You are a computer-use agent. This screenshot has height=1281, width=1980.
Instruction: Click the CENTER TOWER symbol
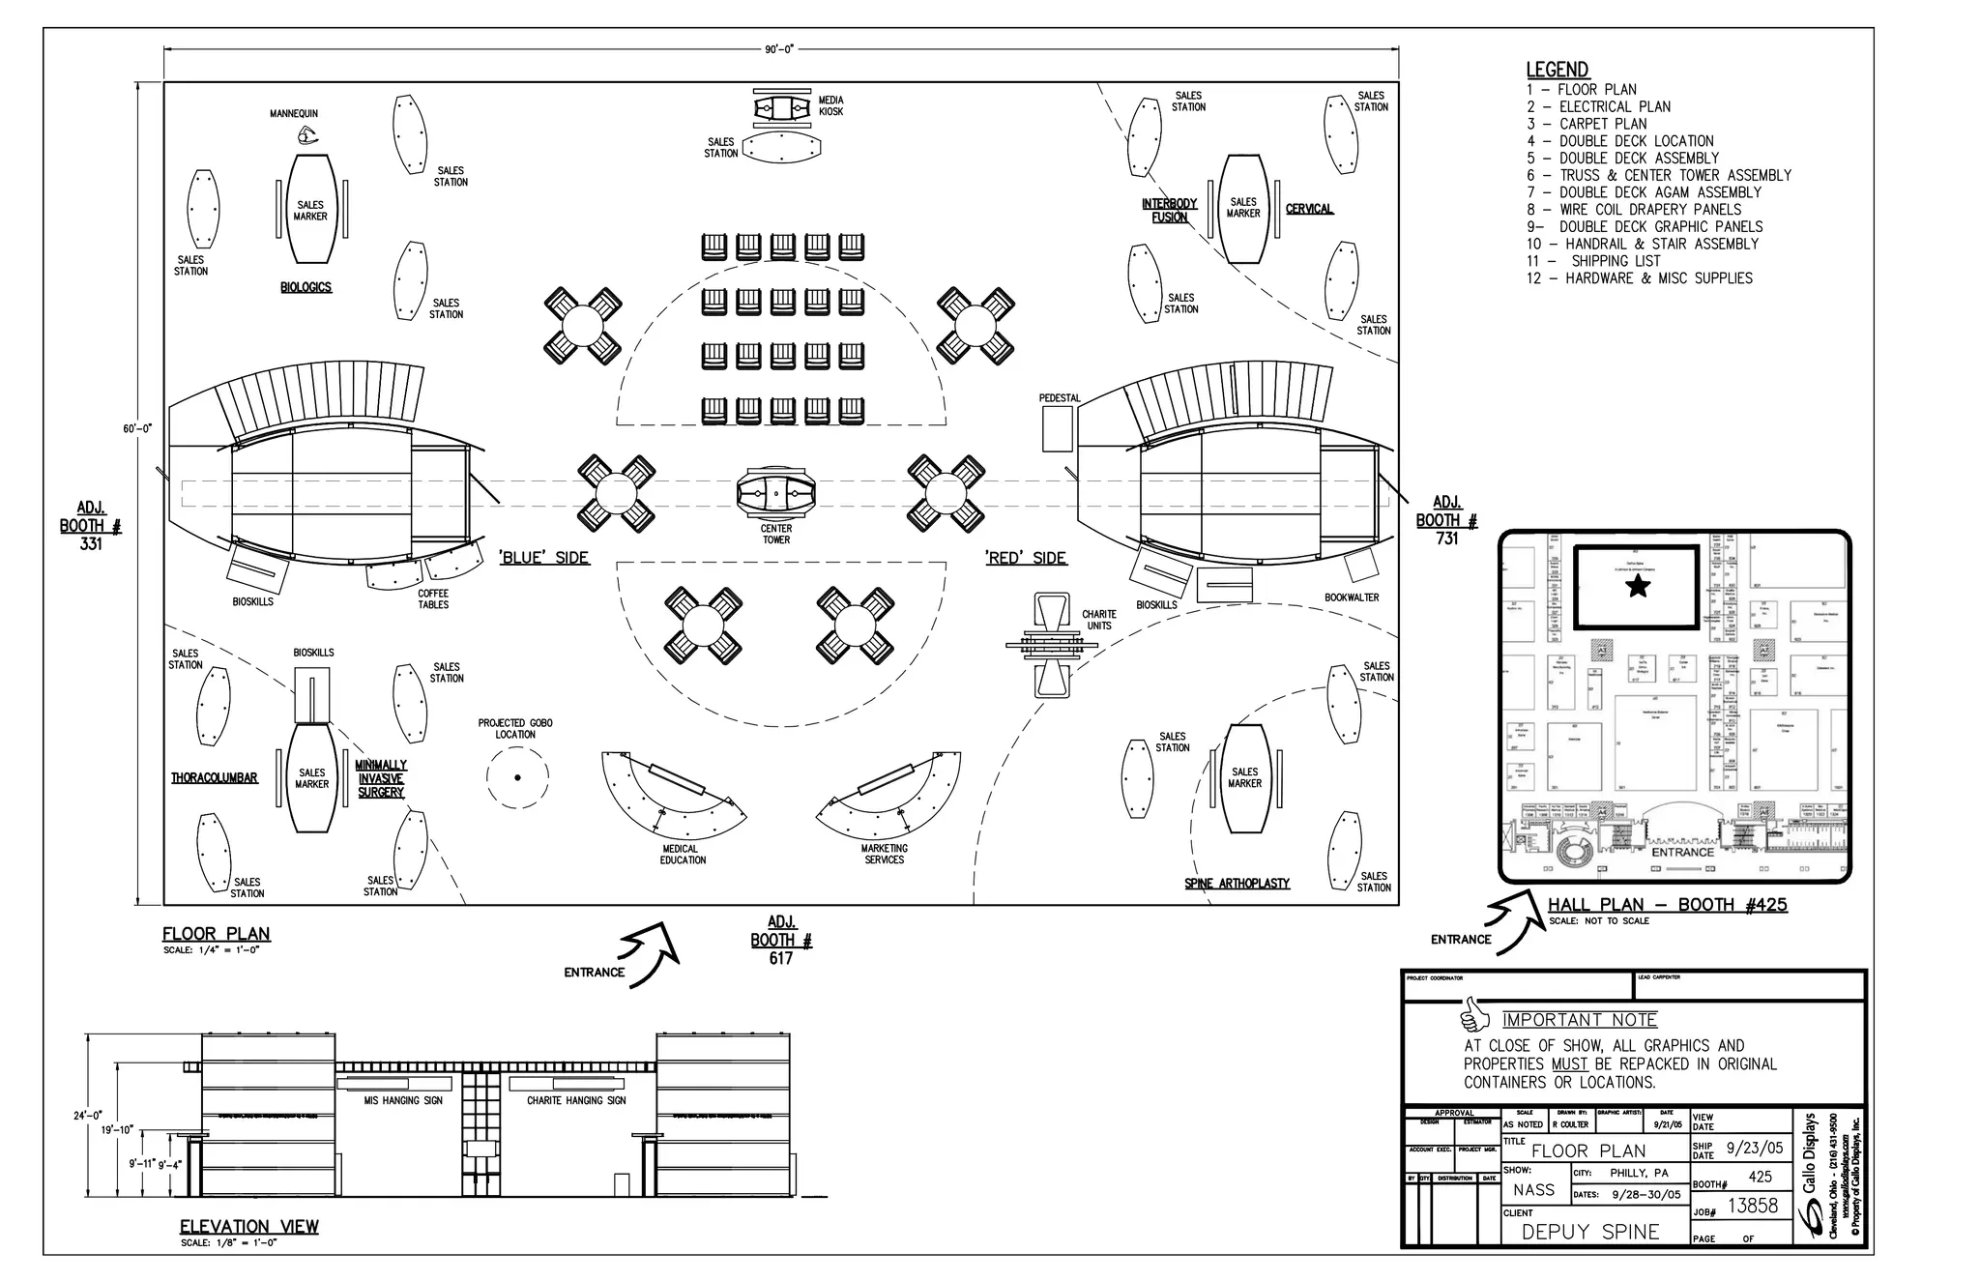click(775, 494)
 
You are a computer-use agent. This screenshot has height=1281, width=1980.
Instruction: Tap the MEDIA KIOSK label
click(830, 105)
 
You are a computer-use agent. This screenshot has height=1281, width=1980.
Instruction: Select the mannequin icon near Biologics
click(307, 135)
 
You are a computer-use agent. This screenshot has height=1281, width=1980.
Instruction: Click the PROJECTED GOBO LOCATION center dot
click(517, 776)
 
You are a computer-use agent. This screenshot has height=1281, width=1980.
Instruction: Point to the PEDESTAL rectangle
click(1058, 428)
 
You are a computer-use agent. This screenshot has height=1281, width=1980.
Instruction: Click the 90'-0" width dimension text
click(779, 48)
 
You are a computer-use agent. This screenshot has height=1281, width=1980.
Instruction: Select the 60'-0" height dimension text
click(137, 427)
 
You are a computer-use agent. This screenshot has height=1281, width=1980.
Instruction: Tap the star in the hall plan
click(1638, 586)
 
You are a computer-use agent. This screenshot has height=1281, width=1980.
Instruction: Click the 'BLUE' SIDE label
click(544, 558)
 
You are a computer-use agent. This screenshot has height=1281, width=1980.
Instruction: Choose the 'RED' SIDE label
click(1026, 558)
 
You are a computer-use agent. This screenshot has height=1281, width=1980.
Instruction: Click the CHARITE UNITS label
click(1098, 620)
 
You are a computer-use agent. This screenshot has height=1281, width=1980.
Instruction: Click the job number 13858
click(1753, 1206)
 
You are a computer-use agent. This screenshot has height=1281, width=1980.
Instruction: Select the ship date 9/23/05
click(1755, 1150)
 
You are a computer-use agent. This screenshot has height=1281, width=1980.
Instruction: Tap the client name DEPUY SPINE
click(1590, 1232)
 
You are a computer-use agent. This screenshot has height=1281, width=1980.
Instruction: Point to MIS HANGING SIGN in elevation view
click(403, 1100)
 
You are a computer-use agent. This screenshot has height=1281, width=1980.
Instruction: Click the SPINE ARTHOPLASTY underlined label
click(1237, 883)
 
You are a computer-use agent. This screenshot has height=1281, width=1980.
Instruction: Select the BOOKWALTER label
click(1352, 597)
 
